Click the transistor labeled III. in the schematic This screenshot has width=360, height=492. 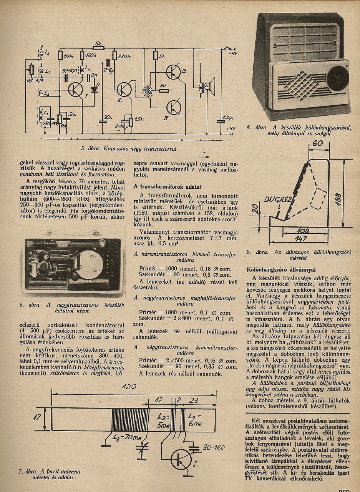pos(173,73)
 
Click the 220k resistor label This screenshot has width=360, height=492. pos(124,57)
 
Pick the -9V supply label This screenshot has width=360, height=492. pos(233,54)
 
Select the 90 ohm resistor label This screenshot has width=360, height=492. pos(163,85)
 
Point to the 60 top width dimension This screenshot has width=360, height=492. pos(317,144)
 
